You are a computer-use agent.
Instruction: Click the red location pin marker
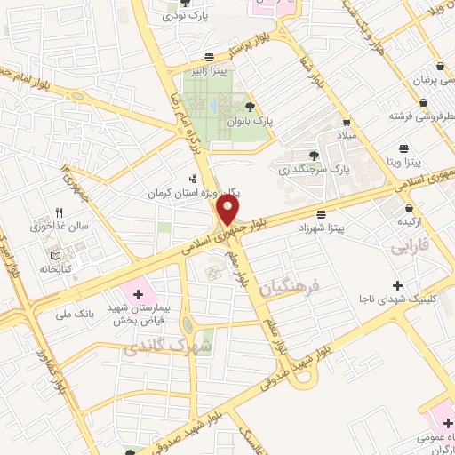228,212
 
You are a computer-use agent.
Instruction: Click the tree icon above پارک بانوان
257,106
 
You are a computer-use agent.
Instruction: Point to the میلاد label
344,135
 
